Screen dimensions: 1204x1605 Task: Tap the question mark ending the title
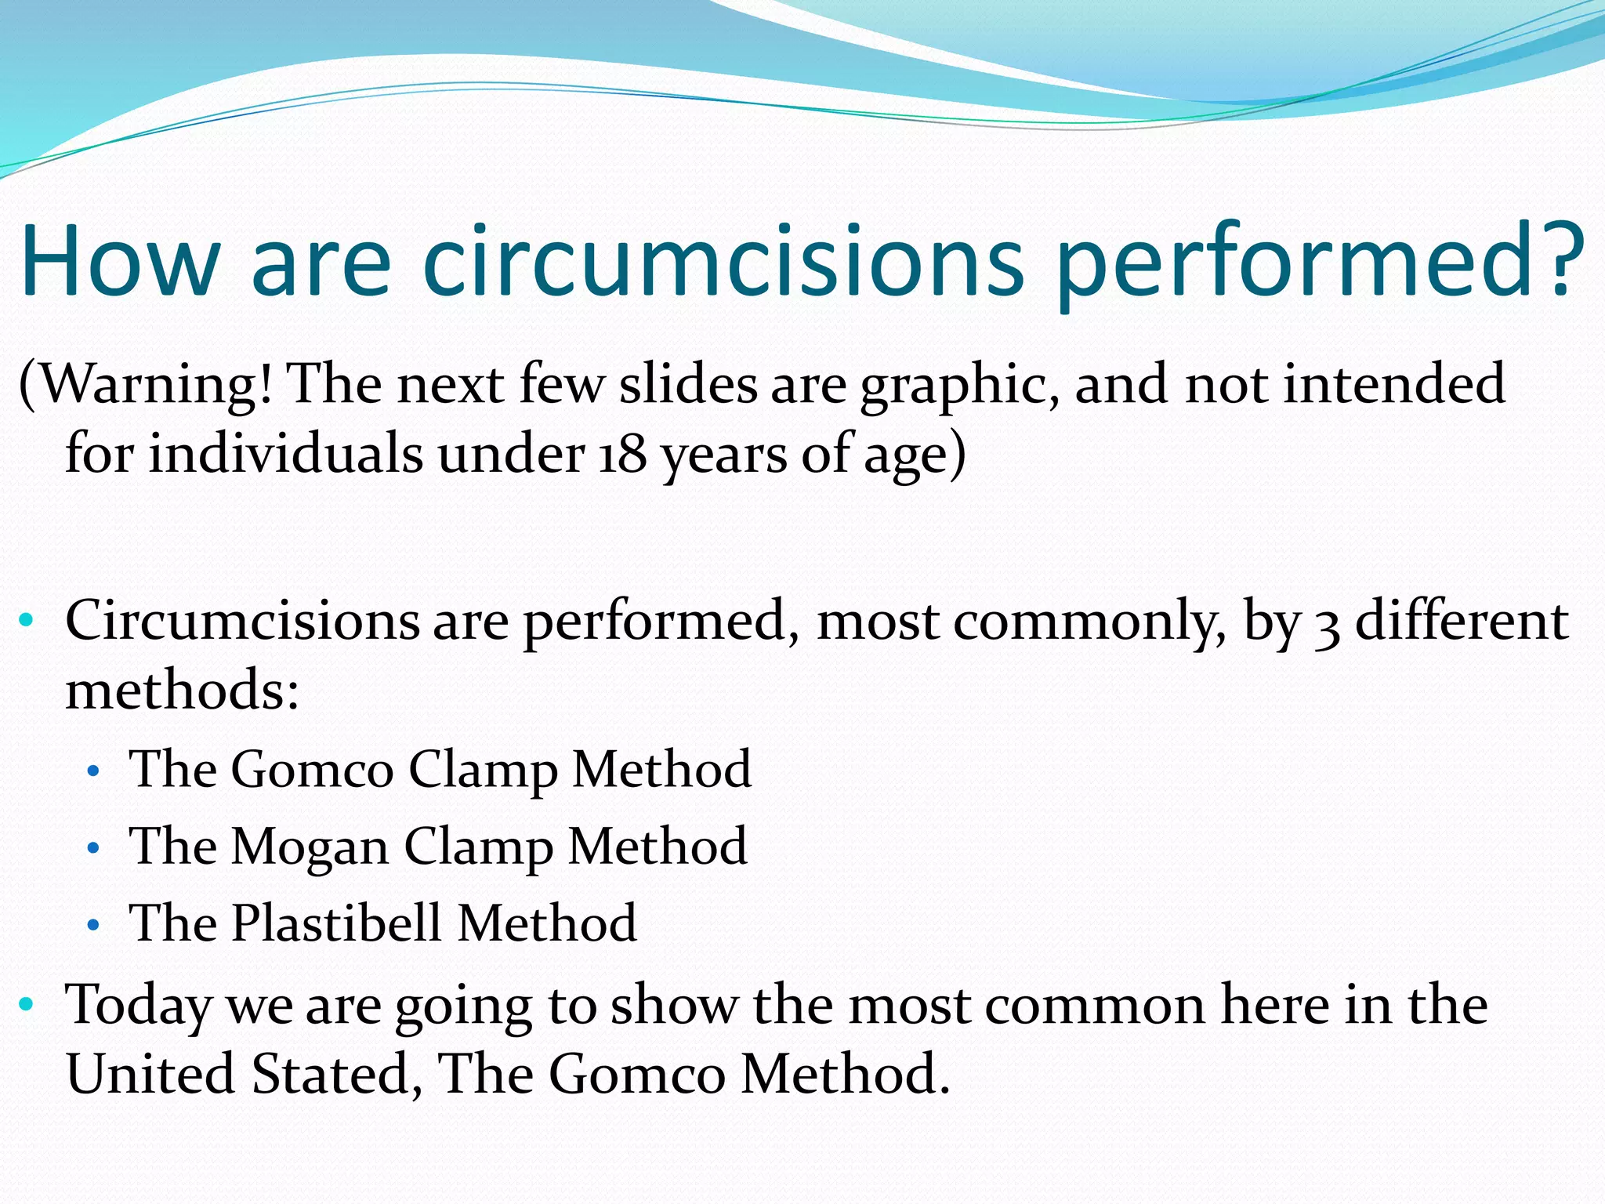(x=1552, y=259)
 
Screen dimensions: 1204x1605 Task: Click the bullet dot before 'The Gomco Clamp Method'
(x=94, y=771)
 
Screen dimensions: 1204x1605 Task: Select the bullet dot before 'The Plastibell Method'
(x=94, y=926)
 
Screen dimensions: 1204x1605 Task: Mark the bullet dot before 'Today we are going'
(x=27, y=1004)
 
